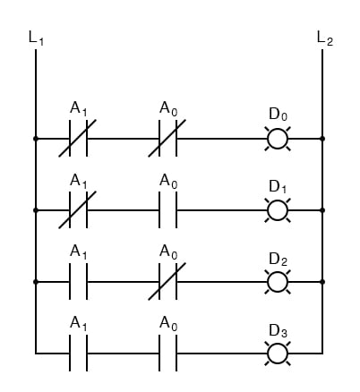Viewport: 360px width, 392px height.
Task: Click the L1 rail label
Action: (36, 38)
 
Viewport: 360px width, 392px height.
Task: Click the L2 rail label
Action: (324, 38)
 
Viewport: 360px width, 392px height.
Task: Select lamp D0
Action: (278, 139)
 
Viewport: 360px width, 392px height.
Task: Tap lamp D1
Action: (278, 210)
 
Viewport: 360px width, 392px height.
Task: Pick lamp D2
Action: (278, 281)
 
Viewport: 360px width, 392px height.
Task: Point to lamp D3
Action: (278, 353)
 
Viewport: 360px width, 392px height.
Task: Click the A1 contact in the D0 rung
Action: (78, 139)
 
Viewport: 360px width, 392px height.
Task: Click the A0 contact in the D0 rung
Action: (167, 139)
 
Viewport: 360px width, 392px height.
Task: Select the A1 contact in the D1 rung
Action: (78, 210)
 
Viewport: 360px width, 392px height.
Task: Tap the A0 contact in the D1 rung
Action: (167, 210)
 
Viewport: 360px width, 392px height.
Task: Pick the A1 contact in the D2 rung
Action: (78, 281)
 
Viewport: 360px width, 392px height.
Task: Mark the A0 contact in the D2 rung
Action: (167, 281)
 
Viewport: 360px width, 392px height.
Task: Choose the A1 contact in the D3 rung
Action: (78, 353)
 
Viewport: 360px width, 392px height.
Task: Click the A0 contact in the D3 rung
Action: (167, 353)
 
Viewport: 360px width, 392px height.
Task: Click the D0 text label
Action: (278, 115)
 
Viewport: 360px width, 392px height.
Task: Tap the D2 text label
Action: (278, 260)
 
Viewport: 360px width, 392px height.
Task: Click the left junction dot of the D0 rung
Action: (36, 139)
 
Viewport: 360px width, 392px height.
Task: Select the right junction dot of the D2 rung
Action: (322, 281)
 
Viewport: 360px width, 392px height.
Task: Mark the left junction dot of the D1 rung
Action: (36, 210)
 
